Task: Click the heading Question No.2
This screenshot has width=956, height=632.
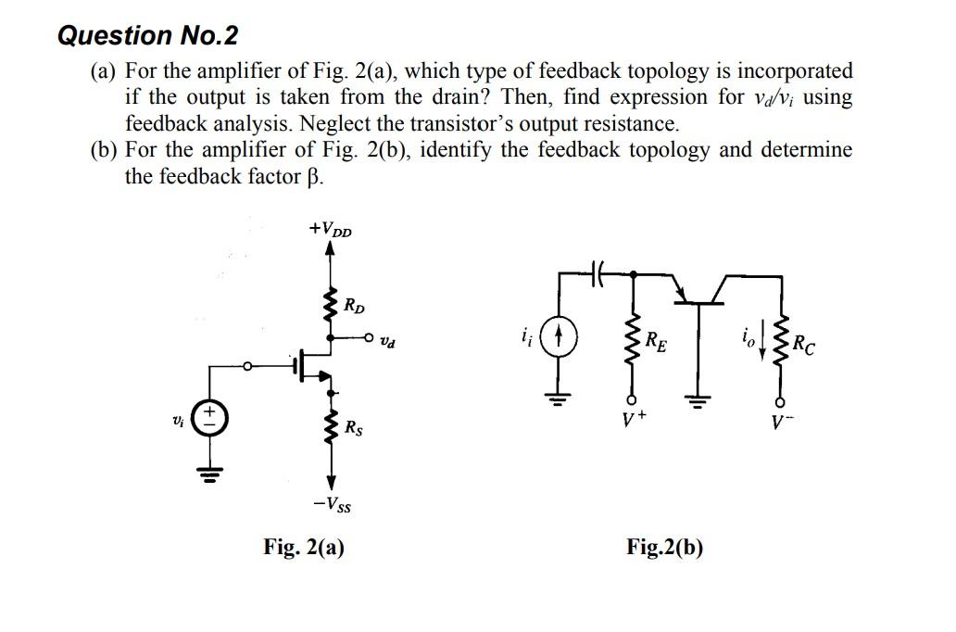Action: pos(147,36)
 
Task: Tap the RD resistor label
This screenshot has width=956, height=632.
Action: pos(354,305)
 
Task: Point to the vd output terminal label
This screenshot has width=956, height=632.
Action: pos(396,343)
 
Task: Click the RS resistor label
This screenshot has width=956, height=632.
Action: pos(354,428)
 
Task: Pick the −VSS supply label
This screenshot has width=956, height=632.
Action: pos(332,505)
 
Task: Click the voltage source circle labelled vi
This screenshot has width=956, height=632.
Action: pos(208,419)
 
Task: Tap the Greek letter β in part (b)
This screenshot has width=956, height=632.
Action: pos(316,176)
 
